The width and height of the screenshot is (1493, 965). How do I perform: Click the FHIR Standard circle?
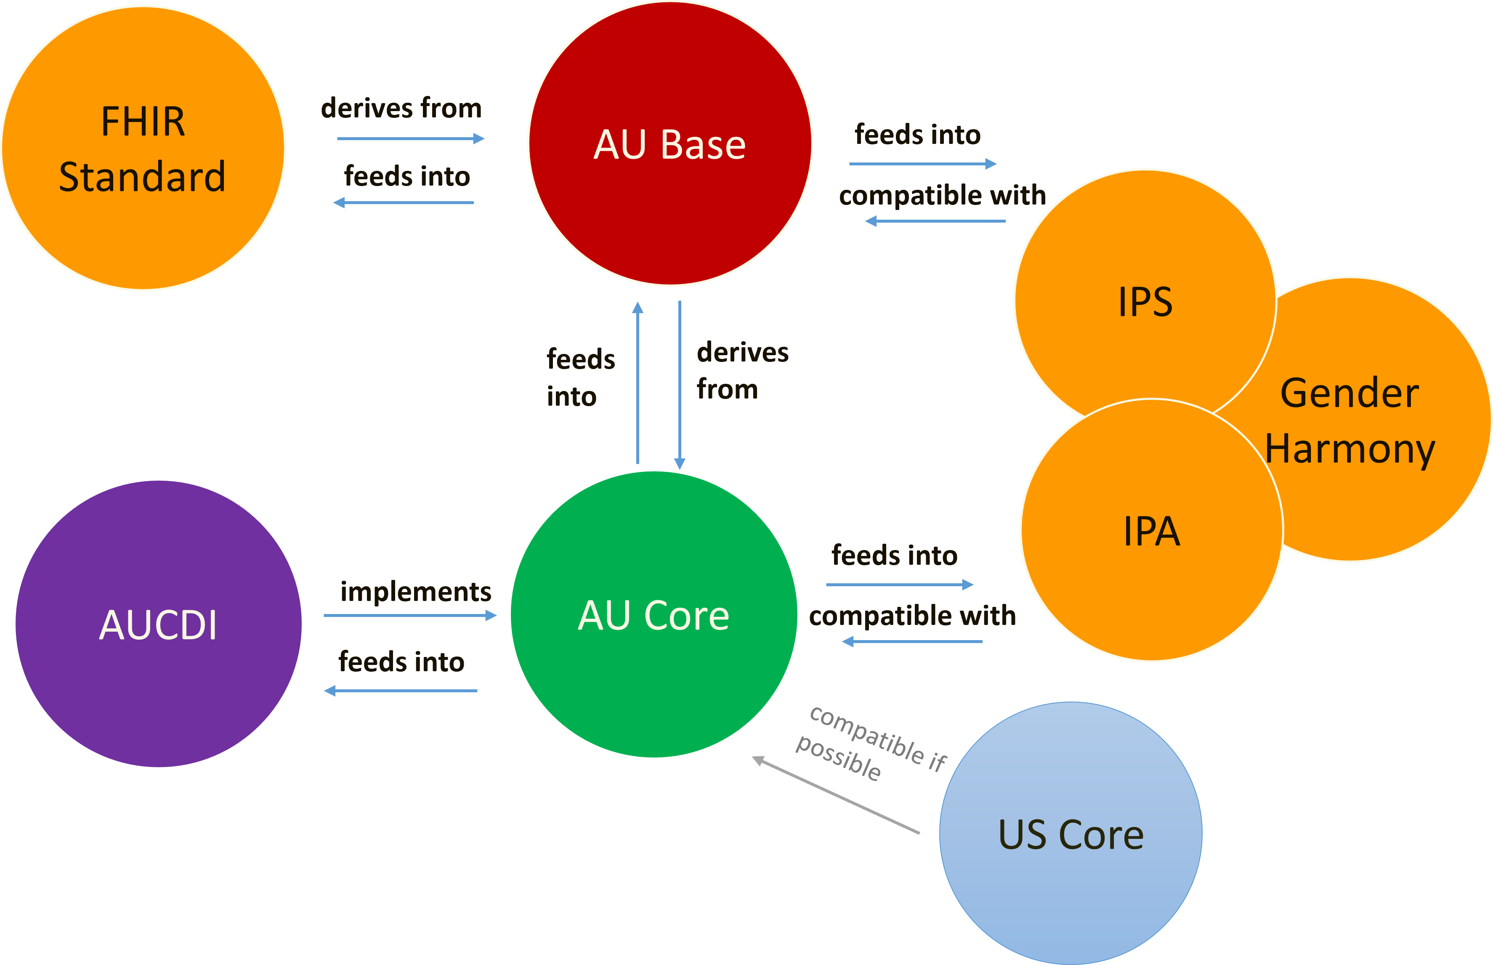pos(143,148)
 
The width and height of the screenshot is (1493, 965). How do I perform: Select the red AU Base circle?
pos(670,144)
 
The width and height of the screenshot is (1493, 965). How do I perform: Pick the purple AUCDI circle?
pos(159,624)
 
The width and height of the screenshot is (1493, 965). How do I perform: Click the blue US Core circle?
pos(1070,834)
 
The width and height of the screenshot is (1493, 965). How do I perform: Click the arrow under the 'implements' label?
pos(410,615)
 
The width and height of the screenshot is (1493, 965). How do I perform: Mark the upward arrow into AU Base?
pos(638,382)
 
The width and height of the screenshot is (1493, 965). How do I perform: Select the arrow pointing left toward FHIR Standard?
pos(404,202)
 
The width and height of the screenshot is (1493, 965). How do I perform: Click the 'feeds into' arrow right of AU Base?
pos(922,164)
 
